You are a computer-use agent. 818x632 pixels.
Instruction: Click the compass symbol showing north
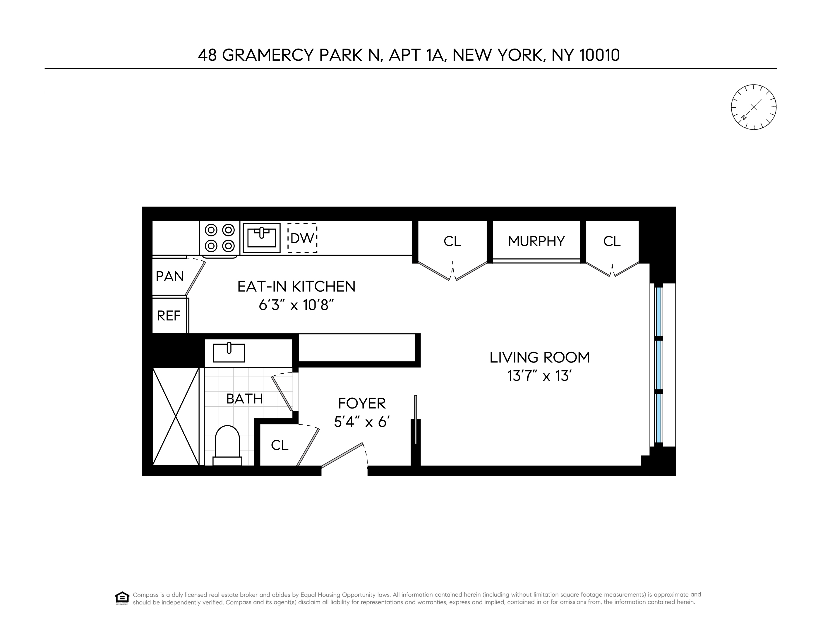[754, 107]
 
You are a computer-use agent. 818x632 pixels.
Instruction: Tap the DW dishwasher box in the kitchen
[302, 238]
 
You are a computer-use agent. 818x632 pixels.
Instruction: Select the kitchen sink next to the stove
[261, 238]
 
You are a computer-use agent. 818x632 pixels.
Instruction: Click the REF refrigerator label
[169, 316]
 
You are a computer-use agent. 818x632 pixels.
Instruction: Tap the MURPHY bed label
[536, 241]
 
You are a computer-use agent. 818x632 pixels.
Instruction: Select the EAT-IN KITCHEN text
[296, 287]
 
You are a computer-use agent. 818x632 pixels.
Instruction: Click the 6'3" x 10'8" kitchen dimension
[296, 305]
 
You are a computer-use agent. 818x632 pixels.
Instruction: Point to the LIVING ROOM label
[539, 358]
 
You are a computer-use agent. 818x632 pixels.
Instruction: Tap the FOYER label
[362, 403]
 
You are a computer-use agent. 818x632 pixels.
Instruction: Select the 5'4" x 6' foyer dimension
[362, 422]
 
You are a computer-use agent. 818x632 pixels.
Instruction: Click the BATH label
[244, 399]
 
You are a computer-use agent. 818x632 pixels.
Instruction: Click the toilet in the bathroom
[227, 446]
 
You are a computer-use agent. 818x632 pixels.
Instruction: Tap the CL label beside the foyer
[279, 445]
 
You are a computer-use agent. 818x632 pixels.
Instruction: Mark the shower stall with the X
[176, 416]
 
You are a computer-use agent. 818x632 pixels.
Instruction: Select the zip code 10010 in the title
[599, 55]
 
